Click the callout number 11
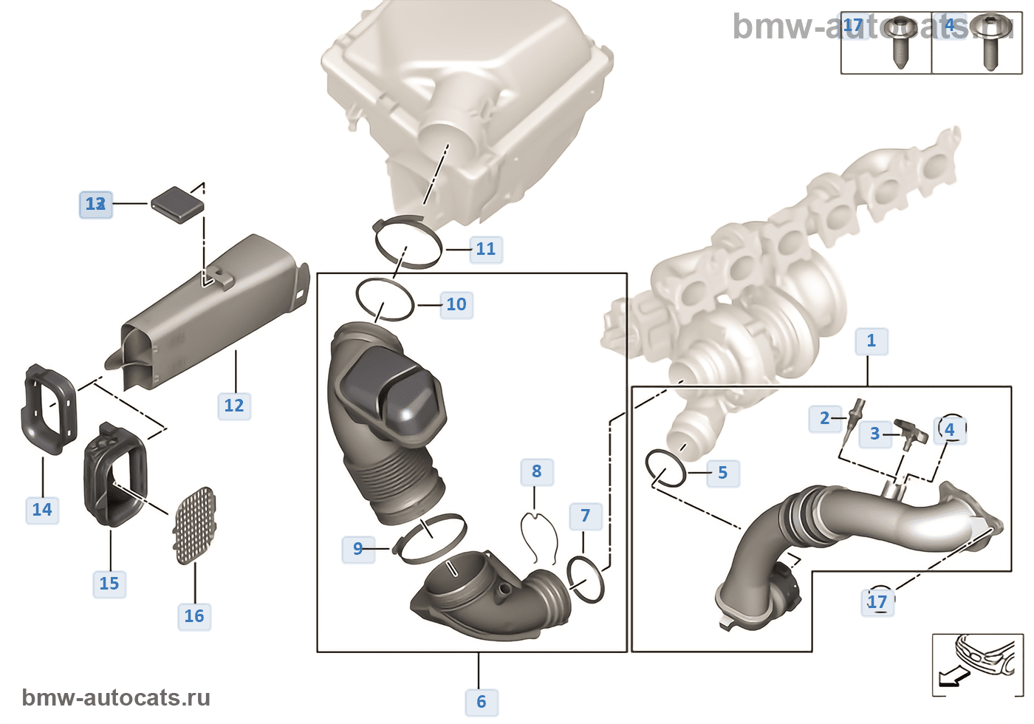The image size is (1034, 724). pos(485,249)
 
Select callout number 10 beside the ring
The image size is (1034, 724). pos(456,304)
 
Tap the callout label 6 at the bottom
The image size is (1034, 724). pos(481,701)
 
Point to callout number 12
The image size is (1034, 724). pos(233,406)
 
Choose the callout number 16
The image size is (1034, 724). pos(194,616)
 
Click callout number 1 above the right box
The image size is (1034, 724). pos(871,341)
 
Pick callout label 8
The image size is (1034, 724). pos(536,471)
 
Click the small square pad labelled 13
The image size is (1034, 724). pos(177,202)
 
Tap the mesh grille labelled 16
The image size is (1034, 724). pos(194,525)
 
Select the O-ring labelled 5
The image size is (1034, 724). pos(665,468)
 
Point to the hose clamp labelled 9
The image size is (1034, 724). pos(430,539)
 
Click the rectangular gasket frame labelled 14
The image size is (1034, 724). pos(48,410)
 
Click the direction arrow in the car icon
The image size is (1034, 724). pos(950,676)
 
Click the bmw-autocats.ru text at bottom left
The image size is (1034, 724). pos(116,697)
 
